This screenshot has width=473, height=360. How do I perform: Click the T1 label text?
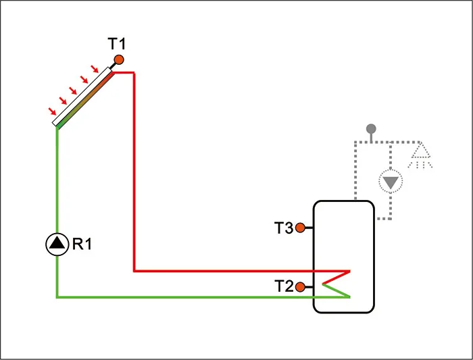(x=117, y=45)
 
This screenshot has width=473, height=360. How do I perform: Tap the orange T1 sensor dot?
(x=119, y=60)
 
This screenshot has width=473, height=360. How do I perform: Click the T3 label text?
(x=283, y=228)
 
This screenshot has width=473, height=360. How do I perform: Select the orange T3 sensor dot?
(x=301, y=228)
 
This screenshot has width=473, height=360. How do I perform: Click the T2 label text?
(x=283, y=287)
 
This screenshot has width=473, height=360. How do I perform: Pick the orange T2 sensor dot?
(x=301, y=287)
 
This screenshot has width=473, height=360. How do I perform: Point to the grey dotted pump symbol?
(x=390, y=181)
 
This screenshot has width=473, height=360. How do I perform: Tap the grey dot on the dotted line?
(x=370, y=128)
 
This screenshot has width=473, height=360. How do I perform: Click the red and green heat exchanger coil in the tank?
(x=337, y=284)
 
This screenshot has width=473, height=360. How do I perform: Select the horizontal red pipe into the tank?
(x=236, y=271)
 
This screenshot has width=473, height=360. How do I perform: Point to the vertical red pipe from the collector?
(x=134, y=169)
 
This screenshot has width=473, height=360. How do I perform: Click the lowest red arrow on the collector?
(x=51, y=111)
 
